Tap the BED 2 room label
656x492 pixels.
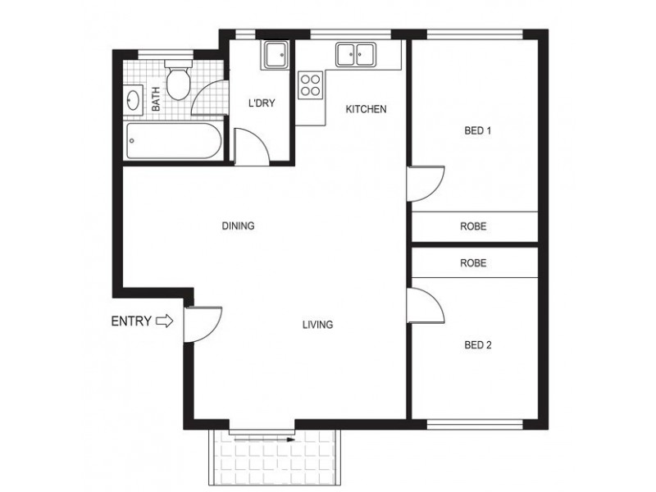coord(477,345)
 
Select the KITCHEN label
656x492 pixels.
coord(366,110)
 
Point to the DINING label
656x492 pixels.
coord(238,226)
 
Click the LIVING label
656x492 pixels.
coord(317,325)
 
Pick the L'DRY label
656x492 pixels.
coord(260,103)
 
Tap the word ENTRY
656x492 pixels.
coord(131,321)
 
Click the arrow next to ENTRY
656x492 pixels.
coord(165,321)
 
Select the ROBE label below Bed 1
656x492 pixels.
coord(473,226)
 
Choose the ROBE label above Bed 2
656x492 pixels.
coord(473,263)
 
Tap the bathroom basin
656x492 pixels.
coord(133,101)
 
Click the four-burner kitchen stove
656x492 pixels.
coord(310,84)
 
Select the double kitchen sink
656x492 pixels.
coord(355,55)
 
